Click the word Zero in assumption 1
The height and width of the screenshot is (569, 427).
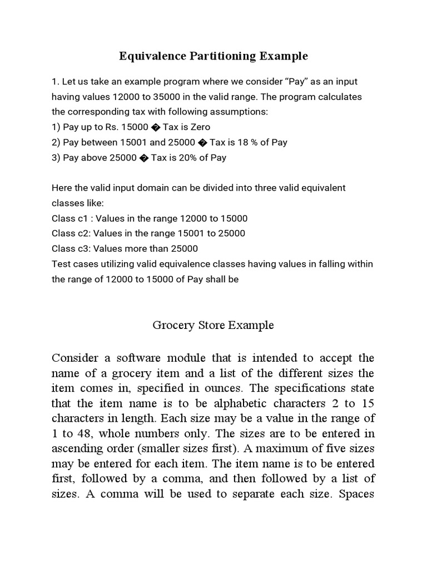pos(199,127)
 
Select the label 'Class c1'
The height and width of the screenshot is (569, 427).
pos(70,218)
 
